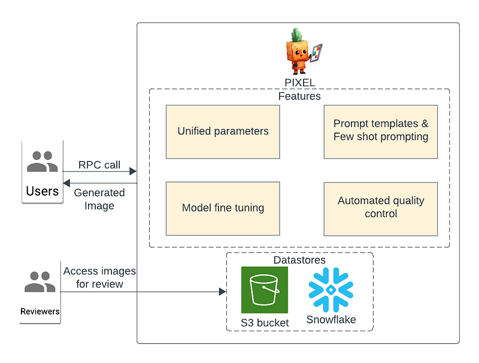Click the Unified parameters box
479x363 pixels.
pyautogui.click(x=223, y=132)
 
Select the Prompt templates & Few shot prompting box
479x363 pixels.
pyautogui.click(x=381, y=131)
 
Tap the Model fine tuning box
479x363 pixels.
pyautogui.click(x=223, y=208)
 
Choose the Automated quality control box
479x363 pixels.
pyautogui.click(x=381, y=207)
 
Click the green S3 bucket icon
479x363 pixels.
pyautogui.click(x=264, y=290)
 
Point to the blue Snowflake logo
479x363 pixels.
pyautogui.click(x=330, y=289)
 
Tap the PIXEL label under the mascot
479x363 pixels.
pyautogui.click(x=300, y=83)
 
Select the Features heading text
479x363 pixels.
pyautogui.click(x=299, y=96)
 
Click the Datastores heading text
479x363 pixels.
pyautogui.click(x=299, y=260)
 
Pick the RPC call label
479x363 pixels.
pyautogui.click(x=99, y=165)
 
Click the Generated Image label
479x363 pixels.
pyautogui.click(x=99, y=199)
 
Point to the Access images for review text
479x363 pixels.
pyautogui.click(x=99, y=277)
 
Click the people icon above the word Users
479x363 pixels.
pyautogui.click(x=42, y=162)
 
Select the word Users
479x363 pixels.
pyautogui.click(x=42, y=192)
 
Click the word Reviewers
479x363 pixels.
pyautogui.click(x=40, y=311)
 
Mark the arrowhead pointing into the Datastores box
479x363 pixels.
pyautogui.click(x=222, y=292)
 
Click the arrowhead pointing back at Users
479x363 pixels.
pyautogui.click(x=66, y=183)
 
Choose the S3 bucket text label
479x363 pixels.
pyautogui.click(x=265, y=323)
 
